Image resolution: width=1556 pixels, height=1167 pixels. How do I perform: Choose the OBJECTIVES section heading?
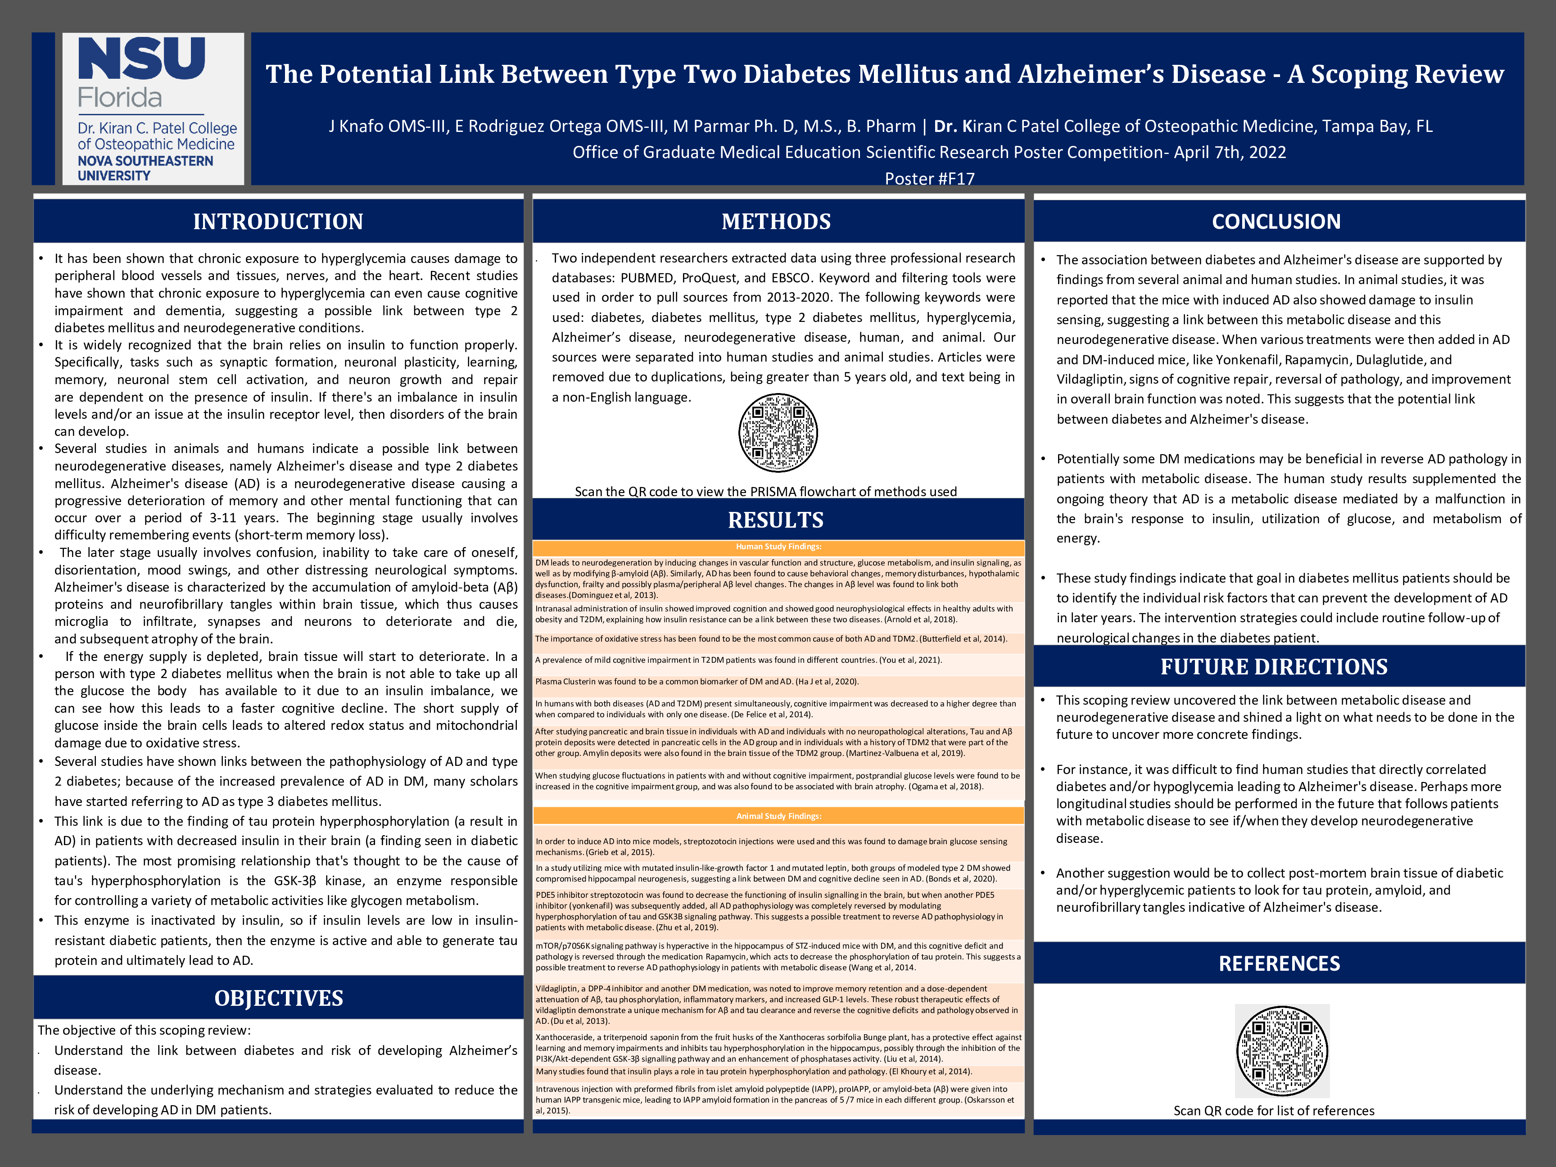point(279,998)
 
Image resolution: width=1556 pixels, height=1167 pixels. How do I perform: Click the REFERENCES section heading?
point(1279,963)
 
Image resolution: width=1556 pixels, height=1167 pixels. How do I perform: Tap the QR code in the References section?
point(1282,1051)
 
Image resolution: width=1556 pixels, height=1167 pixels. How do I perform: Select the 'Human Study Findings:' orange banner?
point(778,547)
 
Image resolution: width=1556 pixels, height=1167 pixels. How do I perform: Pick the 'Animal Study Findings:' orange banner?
point(778,816)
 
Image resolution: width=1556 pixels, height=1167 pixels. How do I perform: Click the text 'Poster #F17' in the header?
point(929,179)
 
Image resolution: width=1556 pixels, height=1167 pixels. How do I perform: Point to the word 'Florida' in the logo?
point(120,97)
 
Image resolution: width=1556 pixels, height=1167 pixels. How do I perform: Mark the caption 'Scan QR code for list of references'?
point(1273,1111)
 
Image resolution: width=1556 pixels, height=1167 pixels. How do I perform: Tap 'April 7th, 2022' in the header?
point(1230,153)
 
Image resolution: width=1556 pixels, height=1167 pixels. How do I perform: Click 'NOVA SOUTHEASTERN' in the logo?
point(145,161)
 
